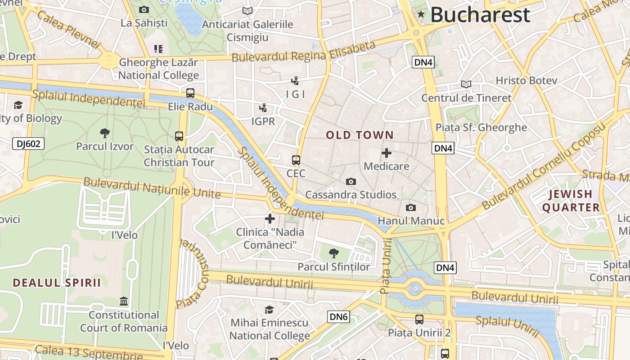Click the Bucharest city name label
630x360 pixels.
pos(480,15)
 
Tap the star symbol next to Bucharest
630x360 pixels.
pos(421,14)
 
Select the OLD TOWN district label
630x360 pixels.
pos(360,135)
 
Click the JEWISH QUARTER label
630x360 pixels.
pos(571,201)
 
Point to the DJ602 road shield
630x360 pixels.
pos(28,144)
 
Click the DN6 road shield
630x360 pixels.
pos(338,317)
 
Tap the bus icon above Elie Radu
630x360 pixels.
pos(190,93)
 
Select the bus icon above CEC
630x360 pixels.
pos(296,160)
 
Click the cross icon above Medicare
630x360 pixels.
pos(386,153)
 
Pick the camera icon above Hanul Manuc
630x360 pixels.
pos(410,207)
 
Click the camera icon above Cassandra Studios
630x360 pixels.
pos(351,181)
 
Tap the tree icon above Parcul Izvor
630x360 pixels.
pos(105,133)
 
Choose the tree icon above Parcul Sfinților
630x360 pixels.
pos(333,253)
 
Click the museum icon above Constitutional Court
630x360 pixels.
pos(124,301)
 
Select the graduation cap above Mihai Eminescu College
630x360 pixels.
pos(269,310)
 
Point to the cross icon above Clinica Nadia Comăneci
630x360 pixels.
pos(270,219)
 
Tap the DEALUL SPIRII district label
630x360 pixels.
pos(57,283)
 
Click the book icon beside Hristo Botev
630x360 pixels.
pos(466,84)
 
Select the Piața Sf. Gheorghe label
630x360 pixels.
pos(481,127)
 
